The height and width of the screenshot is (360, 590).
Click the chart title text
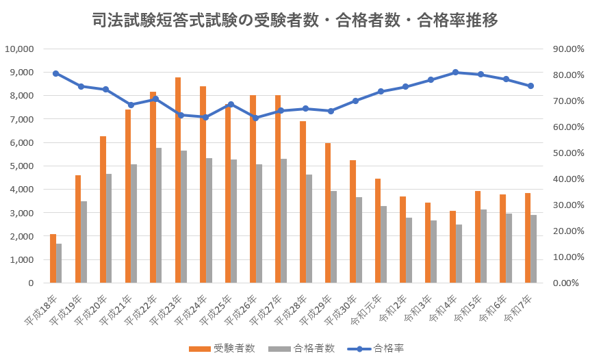click(x=294, y=21)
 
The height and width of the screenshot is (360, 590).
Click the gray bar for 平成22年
click(x=159, y=215)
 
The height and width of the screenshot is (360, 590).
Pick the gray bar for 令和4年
click(x=459, y=253)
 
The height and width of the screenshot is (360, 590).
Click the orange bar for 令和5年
click(x=478, y=237)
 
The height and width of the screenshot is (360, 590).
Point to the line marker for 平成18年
click(x=55, y=73)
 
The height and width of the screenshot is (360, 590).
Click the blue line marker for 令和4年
click(x=455, y=72)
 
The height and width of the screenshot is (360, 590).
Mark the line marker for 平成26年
click(x=255, y=118)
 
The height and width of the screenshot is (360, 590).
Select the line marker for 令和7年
click(x=530, y=86)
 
